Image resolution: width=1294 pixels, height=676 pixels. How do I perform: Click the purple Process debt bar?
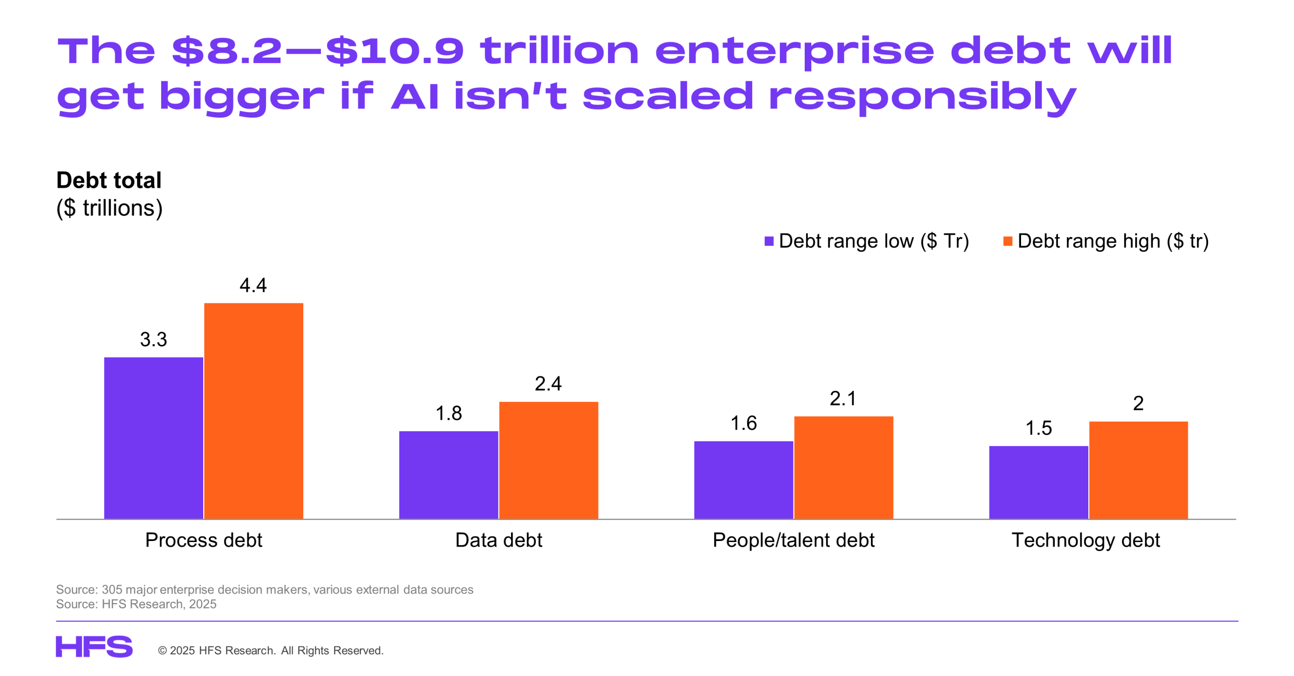point(153,437)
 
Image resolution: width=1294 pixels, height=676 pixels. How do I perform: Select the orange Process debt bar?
point(253,411)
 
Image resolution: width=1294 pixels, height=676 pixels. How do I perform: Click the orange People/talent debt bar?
point(843,467)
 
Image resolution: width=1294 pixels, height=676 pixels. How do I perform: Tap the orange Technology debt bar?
point(1138,470)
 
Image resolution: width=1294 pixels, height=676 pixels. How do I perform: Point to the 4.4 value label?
point(253,285)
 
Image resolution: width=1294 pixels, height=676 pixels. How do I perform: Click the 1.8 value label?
point(448,413)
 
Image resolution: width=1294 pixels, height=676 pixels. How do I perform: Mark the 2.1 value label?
point(843,398)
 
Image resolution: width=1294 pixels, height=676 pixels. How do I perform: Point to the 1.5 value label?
point(1038,428)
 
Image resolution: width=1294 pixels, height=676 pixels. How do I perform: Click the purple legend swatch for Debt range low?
point(769,241)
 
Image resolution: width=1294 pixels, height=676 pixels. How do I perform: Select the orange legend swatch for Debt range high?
point(1007,241)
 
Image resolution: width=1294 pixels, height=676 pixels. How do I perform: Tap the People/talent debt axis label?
point(793,540)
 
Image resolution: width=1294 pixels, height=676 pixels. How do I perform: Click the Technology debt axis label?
point(1085,540)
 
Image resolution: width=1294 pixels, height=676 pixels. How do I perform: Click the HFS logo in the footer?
point(94,647)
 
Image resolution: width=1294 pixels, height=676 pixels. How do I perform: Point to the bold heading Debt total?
point(109,180)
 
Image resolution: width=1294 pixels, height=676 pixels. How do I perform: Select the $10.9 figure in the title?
point(394,51)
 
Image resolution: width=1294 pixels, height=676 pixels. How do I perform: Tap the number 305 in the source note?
point(112,590)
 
